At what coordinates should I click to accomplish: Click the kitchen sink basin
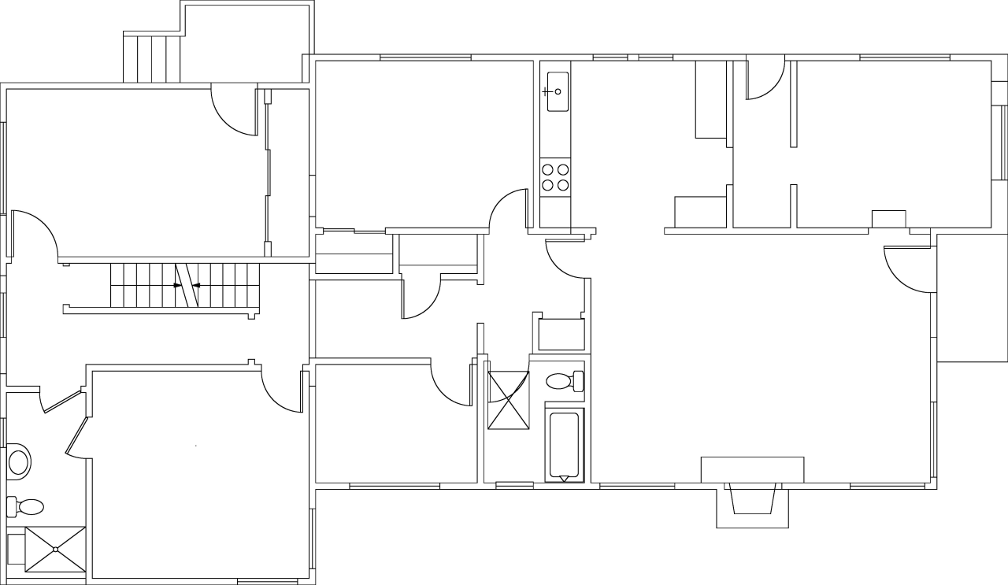click(558, 91)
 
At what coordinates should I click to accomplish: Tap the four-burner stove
click(555, 177)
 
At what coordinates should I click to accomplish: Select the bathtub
click(564, 445)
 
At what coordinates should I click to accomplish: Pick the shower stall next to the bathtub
click(508, 400)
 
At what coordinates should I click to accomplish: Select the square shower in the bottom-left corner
click(55, 549)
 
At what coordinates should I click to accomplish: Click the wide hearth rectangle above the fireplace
click(752, 469)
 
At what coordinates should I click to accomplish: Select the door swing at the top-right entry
click(764, 79)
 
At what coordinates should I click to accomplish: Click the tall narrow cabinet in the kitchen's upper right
click(710, 99)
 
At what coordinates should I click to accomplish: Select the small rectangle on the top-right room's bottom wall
click(888, 219)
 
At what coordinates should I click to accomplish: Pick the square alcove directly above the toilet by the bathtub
click(560, 334)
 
